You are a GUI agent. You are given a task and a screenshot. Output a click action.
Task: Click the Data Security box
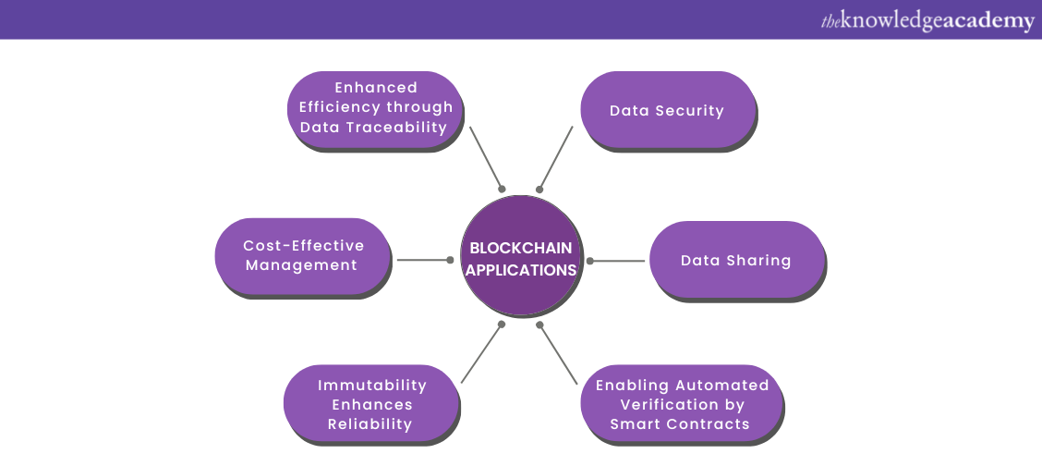pos(667,110)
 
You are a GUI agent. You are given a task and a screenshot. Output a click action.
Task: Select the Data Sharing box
pos(735,260)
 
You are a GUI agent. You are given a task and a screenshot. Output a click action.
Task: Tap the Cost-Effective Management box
pos(303,256)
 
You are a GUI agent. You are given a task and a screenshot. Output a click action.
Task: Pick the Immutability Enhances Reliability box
pos(371,404)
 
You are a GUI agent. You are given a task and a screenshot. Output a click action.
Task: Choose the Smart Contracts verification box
pos(681,404)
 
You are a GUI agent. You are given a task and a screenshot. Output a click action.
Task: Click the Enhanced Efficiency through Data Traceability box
pos(375,108)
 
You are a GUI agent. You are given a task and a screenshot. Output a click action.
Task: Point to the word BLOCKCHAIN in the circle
pos(521,248)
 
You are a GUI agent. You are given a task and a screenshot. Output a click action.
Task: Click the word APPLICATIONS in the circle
pos(521,270)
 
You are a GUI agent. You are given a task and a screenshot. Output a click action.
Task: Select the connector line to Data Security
pos(556,157)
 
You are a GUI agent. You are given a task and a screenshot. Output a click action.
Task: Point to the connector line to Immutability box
pos(481,353)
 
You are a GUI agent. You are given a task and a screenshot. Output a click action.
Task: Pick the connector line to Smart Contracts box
pos(559,354)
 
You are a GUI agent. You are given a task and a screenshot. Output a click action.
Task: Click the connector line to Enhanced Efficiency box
pos(486,157)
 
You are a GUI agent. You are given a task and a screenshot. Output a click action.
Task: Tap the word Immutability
pos(372,385)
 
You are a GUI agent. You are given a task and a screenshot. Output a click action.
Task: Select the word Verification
pos(683,404)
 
